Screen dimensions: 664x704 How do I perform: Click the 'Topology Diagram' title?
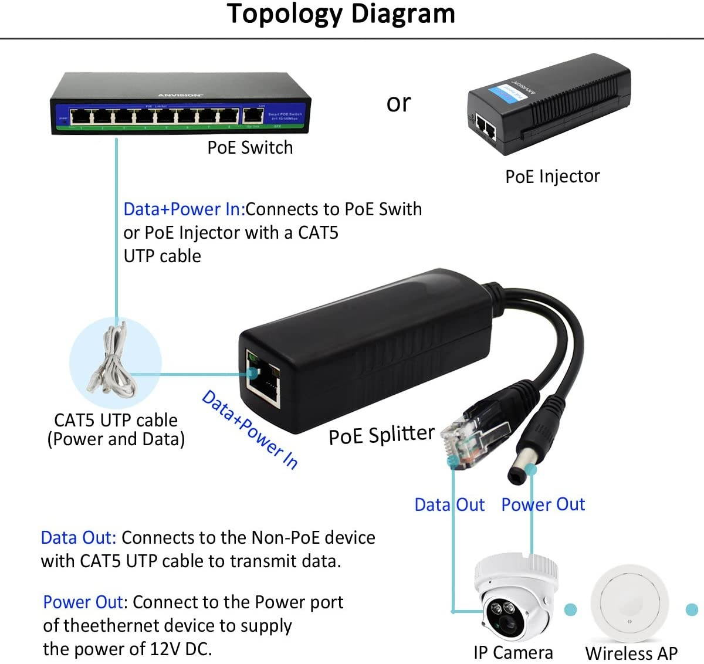(341, 14)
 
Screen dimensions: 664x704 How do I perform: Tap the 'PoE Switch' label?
(250, 147)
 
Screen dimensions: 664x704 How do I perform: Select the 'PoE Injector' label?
(552, 176)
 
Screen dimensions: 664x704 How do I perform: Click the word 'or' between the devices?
(398, 103)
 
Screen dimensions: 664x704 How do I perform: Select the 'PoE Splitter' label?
(381, 435)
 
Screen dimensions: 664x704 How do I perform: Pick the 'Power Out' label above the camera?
(543, 504)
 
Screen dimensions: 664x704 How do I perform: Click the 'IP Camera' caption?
(513, 653)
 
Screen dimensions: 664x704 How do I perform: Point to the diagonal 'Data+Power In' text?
(250, 429)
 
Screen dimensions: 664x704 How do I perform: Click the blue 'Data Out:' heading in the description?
(79, 538)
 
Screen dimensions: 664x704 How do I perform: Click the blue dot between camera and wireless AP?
(570, 610)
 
